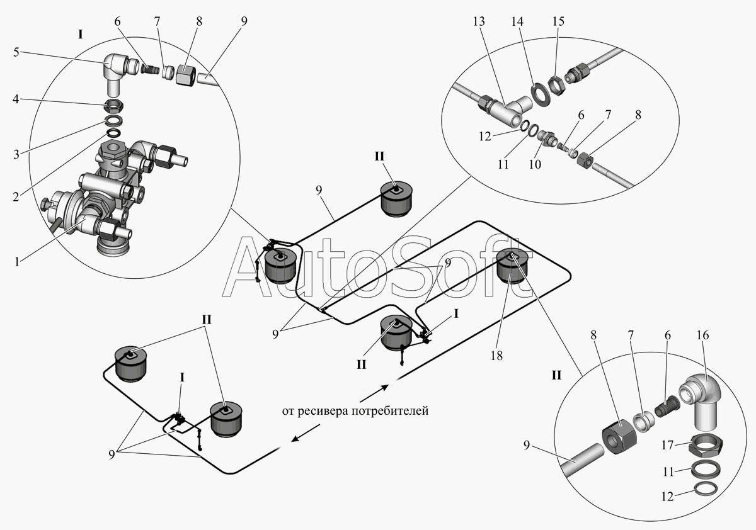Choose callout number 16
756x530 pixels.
point(703,335)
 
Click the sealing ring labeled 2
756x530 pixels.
point(114,133)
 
